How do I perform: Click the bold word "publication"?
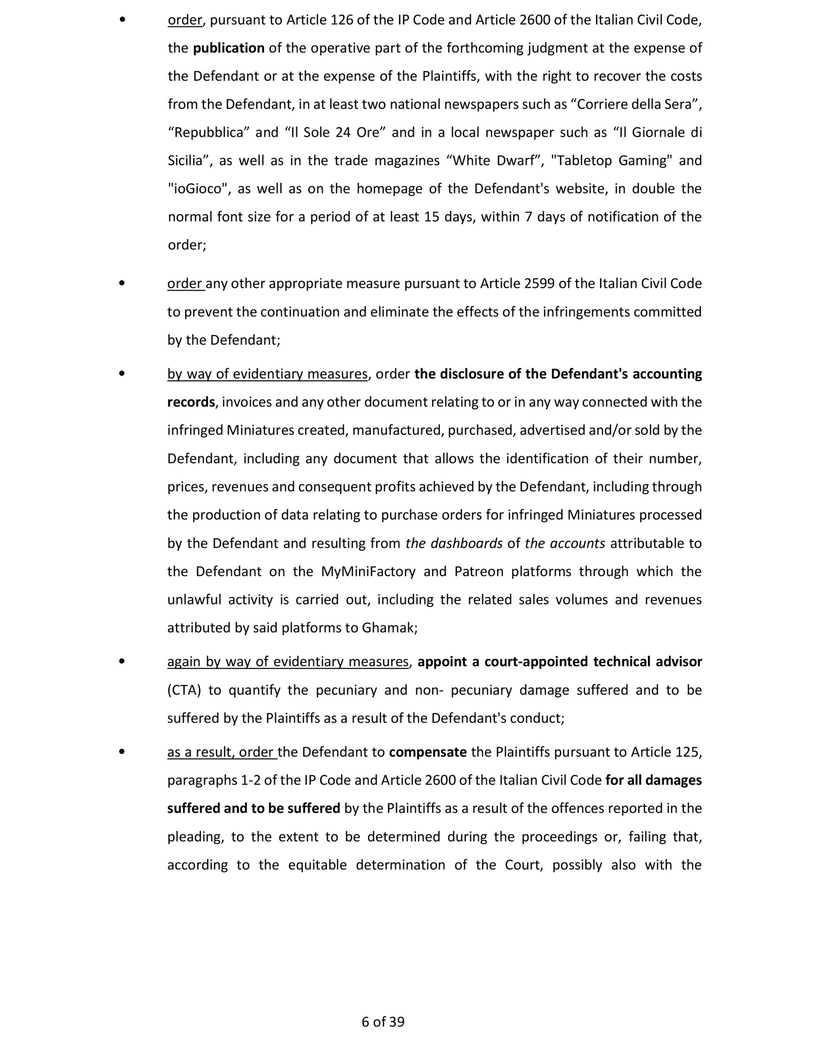pyautogui.click(x=229, y=48)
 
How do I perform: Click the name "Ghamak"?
pyautogui.click(x=389, y=628)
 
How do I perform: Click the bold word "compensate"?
pyautogui.click(x=427, y=752)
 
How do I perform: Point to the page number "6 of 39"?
pyautogui.click(x=383, y=1022)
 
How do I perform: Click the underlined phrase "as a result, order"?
pyautogui.click(x=221, y=752)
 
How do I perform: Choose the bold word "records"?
pyautogui.click(x=191, y=402)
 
